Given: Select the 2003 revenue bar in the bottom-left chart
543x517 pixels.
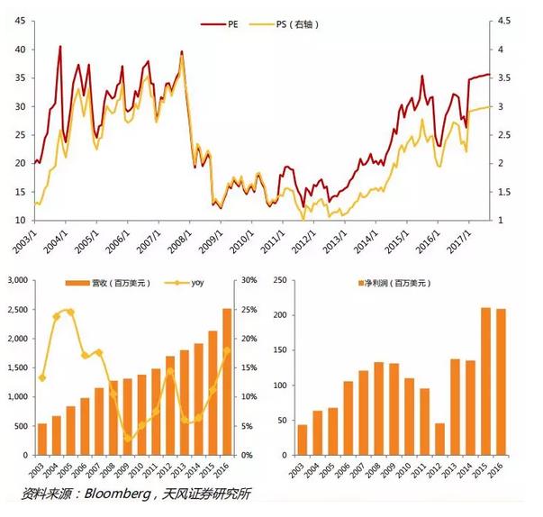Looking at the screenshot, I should [x=41, y=439].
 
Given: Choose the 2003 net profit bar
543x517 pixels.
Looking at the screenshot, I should [x=302, y=440].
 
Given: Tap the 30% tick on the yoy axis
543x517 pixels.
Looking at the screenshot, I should [x=249, y=281].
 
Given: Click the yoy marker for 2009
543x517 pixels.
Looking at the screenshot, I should [x=130, y=438].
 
